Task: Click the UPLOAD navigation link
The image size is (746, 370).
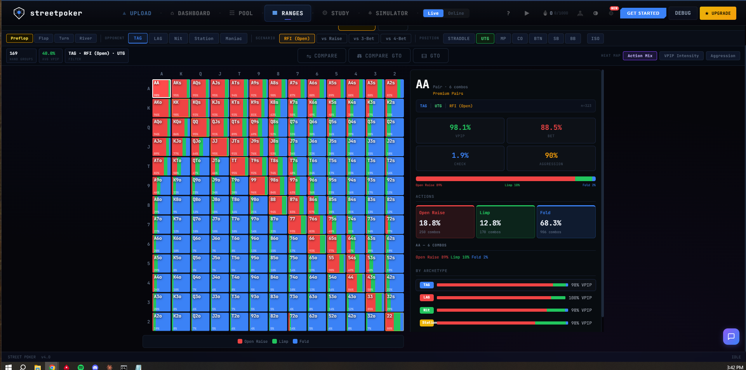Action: pyautogui.click(x=137, y=13)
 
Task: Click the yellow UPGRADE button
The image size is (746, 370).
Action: pyautogui.click(x=718, y=13)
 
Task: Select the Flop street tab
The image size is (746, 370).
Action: pyautogui.click(x=43, y=38)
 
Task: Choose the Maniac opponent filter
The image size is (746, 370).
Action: pyautogui.click(x=233, y=38)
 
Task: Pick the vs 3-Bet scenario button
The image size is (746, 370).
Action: pyautogui.click(x=363, y=38)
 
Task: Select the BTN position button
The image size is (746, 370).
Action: pyautogui.click(x=538, y=38)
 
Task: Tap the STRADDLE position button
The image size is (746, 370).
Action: pyautogui.click(x=459, y=38)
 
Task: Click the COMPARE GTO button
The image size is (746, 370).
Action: pyautogui.click(x=379, y=56)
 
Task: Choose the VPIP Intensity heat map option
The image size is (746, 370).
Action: pyautogui.click(x=681, y=56)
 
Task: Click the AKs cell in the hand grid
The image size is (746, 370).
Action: pyautogui.click(x=181, y=89)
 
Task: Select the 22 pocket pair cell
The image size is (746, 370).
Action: pyautogui.click(x=394, y=322)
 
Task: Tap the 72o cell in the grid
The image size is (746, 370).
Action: pyautogui.click(x=297, y=322)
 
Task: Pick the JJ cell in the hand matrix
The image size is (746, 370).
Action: pyautogui.click(x=219, y=147)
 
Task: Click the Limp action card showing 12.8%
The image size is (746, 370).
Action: pyautogui.click(x=505, y=222)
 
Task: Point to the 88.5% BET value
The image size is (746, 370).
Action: pyautogui.click(x=551, y=128)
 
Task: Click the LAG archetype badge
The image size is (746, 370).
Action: pyautogui.click(x=426, y=298)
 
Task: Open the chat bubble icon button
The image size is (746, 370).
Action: pyautogui.click(x=731, y=337)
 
